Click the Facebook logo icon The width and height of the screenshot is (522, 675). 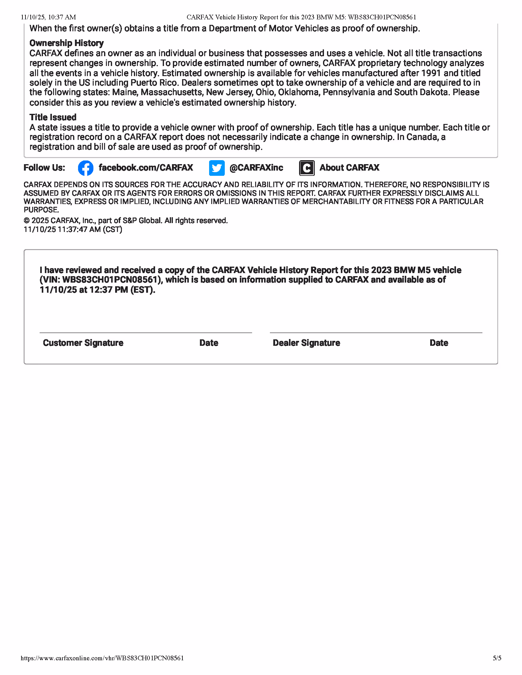86,168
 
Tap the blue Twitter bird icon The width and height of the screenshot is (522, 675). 217,168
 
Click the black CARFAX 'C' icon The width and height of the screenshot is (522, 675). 307,168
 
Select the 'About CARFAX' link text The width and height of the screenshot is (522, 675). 349,168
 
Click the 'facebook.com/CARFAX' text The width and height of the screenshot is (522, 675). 146,168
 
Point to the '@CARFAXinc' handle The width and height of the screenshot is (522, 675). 256,168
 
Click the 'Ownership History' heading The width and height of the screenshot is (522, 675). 67,43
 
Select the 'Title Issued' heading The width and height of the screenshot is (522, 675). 53,117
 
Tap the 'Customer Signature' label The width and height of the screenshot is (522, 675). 83,343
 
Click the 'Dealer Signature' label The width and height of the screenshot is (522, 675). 306,343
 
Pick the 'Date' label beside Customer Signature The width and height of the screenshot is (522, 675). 209,343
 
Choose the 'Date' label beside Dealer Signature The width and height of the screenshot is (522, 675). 439,343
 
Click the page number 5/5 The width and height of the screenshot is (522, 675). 497,658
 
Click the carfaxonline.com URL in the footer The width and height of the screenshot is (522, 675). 102,658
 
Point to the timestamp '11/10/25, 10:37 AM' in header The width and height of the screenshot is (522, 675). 48,17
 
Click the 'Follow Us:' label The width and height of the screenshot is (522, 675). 44,168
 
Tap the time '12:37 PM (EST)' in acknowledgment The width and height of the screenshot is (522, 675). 122,290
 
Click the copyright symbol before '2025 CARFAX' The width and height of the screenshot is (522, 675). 27,221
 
